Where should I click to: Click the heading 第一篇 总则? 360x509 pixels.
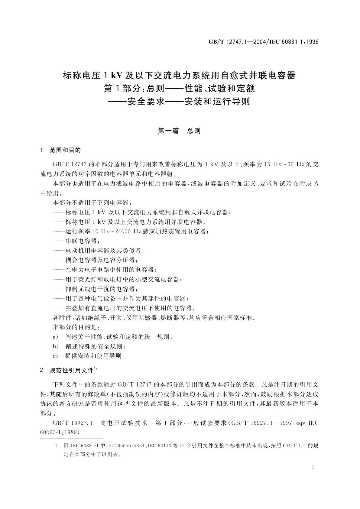180,131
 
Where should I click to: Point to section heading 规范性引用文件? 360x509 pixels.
71,371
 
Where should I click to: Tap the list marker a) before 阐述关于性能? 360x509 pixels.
55,337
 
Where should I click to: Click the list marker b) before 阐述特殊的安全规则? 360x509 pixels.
55,346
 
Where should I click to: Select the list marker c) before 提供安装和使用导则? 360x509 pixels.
55,356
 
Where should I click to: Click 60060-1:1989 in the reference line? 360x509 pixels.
60,433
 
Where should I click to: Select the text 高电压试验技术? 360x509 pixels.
123,423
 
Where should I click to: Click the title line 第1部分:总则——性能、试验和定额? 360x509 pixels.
180,89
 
